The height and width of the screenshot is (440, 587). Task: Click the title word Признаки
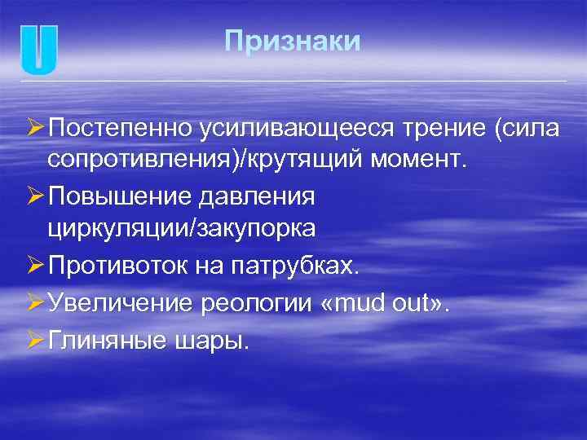coord(292,42)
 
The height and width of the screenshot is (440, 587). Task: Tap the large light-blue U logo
coord(39,50)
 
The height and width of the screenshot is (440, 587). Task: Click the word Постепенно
coord(120,128)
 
